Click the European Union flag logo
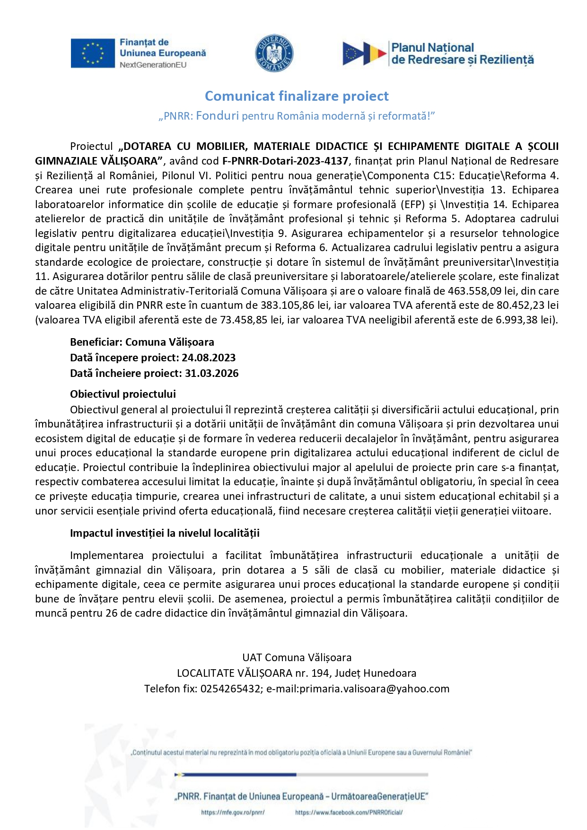(93, 53)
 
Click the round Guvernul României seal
(274, 53)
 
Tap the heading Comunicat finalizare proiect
(297, 96)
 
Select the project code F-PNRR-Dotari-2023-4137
(285, 161)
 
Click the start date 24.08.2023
(209, 358)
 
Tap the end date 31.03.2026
(211, 373)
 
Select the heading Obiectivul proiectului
(123, 394)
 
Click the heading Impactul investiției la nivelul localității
(165, 533)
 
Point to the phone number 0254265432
(230, 689)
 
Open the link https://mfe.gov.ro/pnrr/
(233, 813)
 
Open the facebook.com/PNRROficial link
(349, 813)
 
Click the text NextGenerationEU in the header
(153, 65)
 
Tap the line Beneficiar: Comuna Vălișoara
(142, 342)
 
